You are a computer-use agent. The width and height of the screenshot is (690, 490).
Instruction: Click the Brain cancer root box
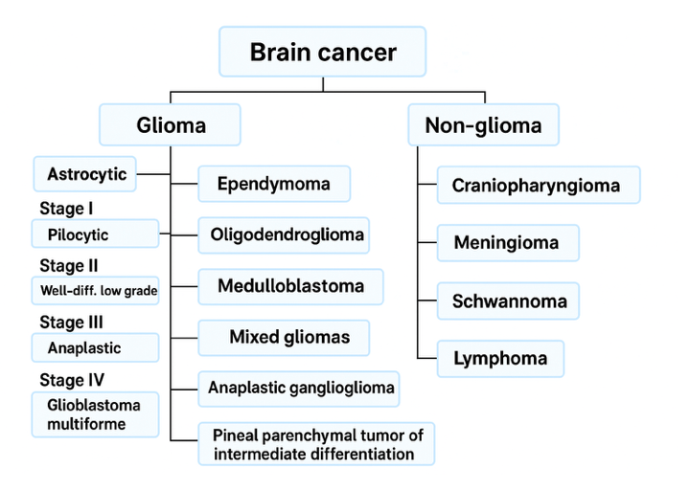(322, 52)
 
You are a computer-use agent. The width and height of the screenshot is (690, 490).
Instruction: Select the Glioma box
(170, 125)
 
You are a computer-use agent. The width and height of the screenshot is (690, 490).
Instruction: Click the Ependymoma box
(273, 184)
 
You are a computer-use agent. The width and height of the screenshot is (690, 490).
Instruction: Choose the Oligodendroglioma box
(284, 234)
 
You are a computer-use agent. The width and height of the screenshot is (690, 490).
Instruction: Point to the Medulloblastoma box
(290, 286)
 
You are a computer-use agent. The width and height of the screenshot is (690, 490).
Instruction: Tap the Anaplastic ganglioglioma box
(301, 388)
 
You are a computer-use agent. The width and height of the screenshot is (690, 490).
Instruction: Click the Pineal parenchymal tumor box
(316, 444)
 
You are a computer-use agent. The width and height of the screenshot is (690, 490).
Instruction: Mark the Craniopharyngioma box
(537, 185)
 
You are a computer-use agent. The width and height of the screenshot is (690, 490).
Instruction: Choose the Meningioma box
(507, 243)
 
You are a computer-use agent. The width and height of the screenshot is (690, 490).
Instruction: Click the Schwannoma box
(509, 301)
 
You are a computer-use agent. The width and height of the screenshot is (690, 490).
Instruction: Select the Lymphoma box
(500, 359)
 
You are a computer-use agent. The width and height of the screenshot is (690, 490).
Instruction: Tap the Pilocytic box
(95, 234)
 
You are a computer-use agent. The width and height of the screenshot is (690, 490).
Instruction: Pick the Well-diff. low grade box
(95, 291)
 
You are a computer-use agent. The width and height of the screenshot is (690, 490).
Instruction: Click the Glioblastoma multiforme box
(95, 413)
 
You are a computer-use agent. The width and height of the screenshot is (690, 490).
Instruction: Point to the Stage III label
(71, 323)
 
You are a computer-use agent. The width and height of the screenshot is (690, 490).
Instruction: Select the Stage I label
(66, 208)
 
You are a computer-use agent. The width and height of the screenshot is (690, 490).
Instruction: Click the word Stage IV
(71, 380)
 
